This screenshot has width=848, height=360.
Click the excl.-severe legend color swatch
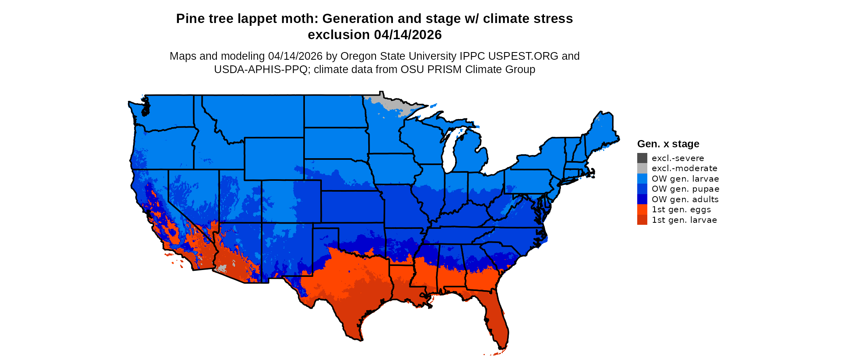tap(642, 158)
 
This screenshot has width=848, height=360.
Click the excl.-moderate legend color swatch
tap(642, 168)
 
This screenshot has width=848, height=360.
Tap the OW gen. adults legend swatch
tap(642, 199)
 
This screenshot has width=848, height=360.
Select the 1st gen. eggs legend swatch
tap(642, 209)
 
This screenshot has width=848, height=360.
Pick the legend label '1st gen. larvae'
tap(684, 220)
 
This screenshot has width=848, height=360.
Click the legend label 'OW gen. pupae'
tap(685, 189)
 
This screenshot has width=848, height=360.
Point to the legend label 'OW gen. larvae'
tap(685, 179)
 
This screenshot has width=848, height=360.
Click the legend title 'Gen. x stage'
tap(668, 144)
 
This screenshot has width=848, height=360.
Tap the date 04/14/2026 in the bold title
tap(408, 35)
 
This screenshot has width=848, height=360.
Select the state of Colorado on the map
tap(292, 201)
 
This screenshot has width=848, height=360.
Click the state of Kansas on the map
tap(352, 207)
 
